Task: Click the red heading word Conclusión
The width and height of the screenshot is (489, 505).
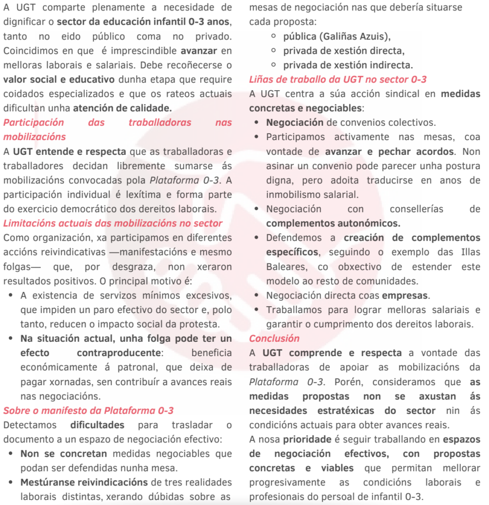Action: click(x=274, y=338)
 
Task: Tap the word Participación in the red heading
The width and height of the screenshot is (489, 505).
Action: click(x=34, y=122)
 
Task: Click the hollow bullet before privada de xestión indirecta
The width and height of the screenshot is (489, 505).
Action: click(x=274, y=65)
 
